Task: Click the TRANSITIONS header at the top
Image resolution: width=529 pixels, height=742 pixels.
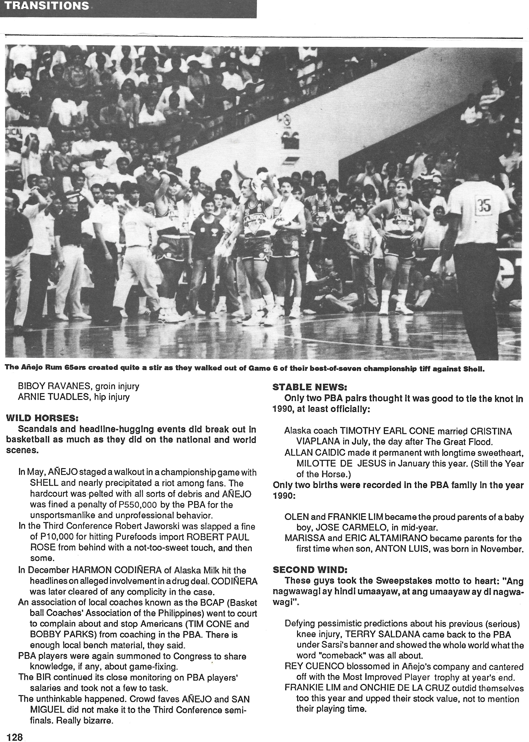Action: (47, 6)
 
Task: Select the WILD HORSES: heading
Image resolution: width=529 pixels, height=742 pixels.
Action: (42, 418)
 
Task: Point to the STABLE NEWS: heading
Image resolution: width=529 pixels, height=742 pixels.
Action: (310, 387)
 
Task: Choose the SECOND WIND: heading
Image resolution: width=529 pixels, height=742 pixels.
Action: (310, 569)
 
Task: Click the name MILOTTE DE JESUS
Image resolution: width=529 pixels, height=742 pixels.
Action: (341, 463)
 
